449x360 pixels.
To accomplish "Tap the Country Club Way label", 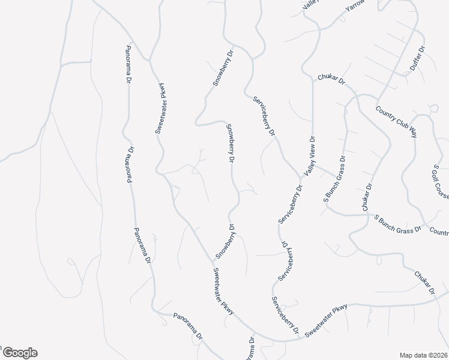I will point(396,121).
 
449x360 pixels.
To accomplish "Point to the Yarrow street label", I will point(355,6).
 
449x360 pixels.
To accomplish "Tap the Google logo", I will point(19,353).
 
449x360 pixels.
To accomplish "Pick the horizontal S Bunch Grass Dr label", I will point(398,223).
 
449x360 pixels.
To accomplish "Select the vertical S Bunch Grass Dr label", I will point(335,179).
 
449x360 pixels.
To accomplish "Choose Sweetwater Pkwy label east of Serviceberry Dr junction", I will point(325,320).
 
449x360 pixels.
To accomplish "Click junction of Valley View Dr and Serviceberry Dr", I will point(300,178).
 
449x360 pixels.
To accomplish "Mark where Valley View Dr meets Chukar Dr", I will point(313,79).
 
